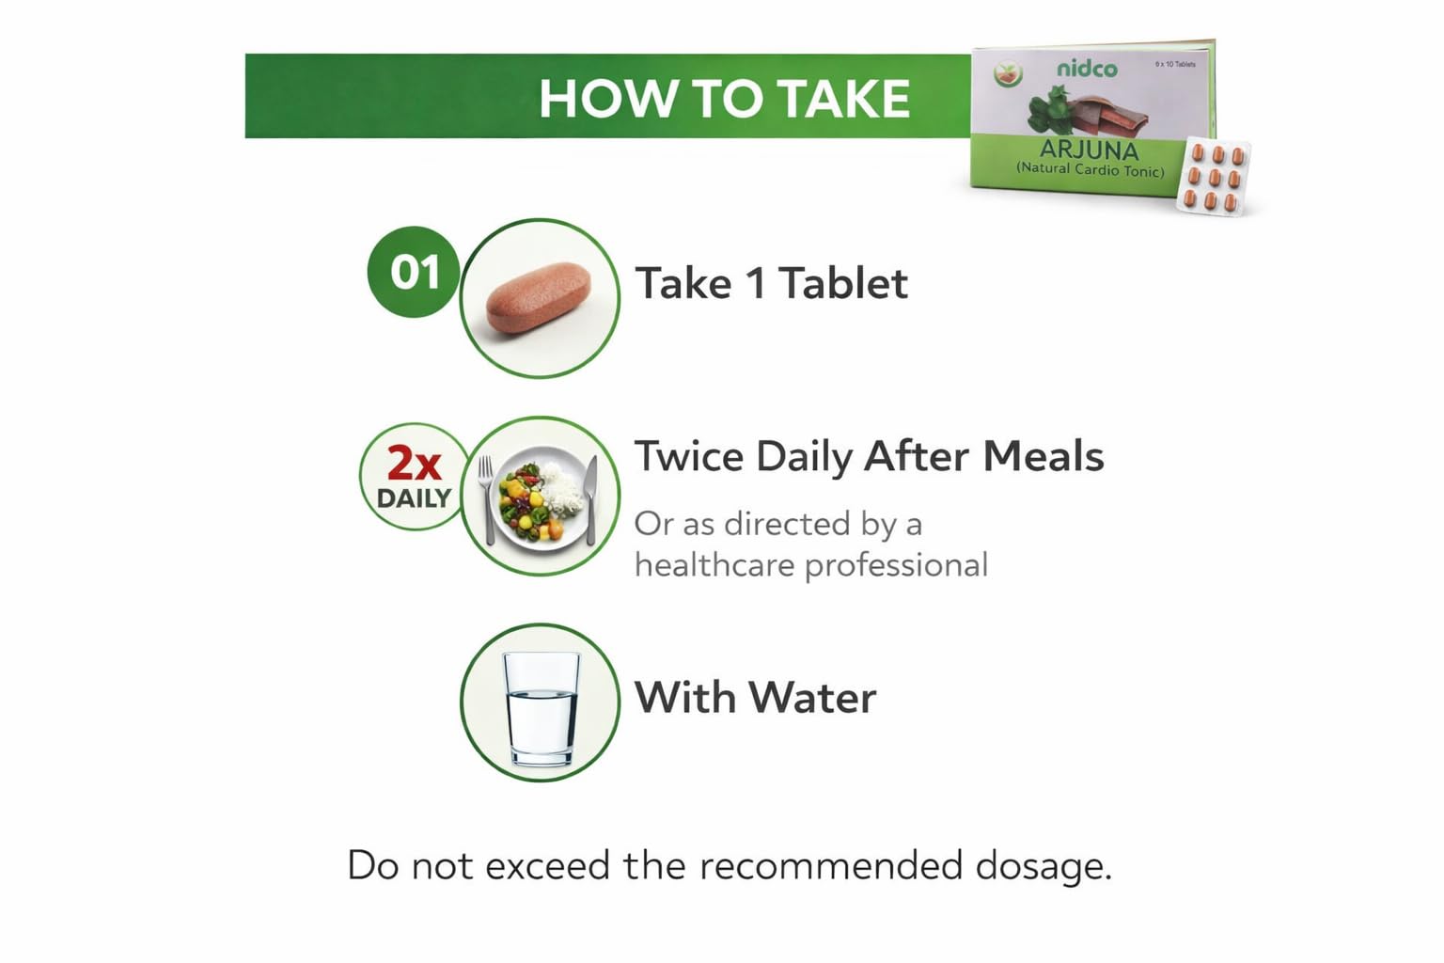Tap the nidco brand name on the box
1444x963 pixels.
pyautogui.click(x=1087, y=69)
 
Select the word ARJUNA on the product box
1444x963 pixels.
pyautogui.click(x=1089, y=150)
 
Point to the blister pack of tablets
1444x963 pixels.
pyautogui.click(x=1214, y=176)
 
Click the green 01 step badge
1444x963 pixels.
pyautogui.click(x=414, y=272)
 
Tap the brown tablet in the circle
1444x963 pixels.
pyautogui.click(x=539, y=297)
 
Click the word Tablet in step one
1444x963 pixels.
pyautogui.click(x=843, y=283)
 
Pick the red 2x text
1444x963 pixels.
pyautogui.click(x=414, y=463)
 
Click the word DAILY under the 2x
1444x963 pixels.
pyautogui.click(x=414, y=498)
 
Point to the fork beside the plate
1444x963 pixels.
pyautogui.click(x=487, y=499)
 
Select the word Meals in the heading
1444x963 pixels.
pyautogui.click(x=1044, y=457)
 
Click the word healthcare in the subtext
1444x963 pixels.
pyautogui.click(x=715, y=565)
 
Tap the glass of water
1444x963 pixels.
pyautogui.click(x=541, y=708)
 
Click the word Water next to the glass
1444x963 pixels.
pyautogui.click(x=812, y=697)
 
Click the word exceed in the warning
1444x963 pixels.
pyautogui.click(x=547, y=865)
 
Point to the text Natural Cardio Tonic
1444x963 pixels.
pyautogui.click(x=1091, y=169)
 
